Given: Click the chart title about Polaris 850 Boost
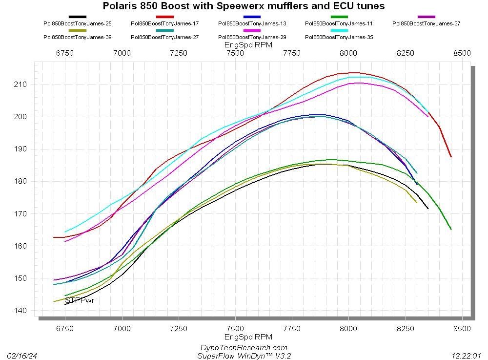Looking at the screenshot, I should tap(244, 6).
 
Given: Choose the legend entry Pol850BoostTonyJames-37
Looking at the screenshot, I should tap(426, 23).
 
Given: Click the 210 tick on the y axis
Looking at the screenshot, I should tap(21, 85).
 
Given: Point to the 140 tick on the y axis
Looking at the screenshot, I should tap(21, 311).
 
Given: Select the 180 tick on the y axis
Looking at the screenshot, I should tap(21, 181).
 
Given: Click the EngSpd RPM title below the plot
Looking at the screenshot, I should tap(248, 337).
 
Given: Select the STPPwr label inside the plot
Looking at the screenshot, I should tap(79, 300).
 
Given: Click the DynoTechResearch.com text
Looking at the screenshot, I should tap(244, 348).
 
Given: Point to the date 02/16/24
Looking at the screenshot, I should tap(21, 356).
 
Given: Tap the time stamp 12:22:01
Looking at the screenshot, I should tap(467, 356).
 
